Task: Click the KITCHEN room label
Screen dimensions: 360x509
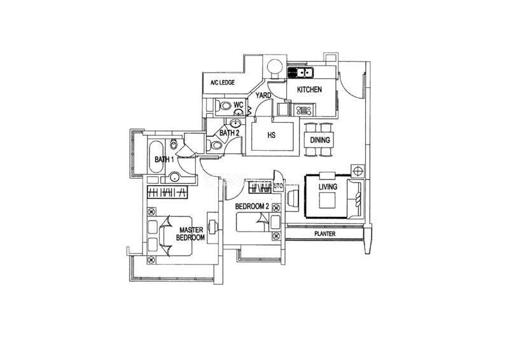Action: tap(309, 90)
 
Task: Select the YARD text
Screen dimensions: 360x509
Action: tap(263, 95)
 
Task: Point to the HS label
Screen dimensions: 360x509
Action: tap(270, 135)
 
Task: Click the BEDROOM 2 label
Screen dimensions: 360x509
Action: tap(251, 207)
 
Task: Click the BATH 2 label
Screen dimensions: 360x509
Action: tap(229, 133)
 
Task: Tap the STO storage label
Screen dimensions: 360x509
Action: tap(278, 186)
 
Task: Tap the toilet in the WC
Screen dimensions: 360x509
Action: tap(220, 105)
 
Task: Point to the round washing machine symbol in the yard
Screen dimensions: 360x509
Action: tap(275, 67)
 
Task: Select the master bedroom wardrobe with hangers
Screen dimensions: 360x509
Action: tap(167, 191)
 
